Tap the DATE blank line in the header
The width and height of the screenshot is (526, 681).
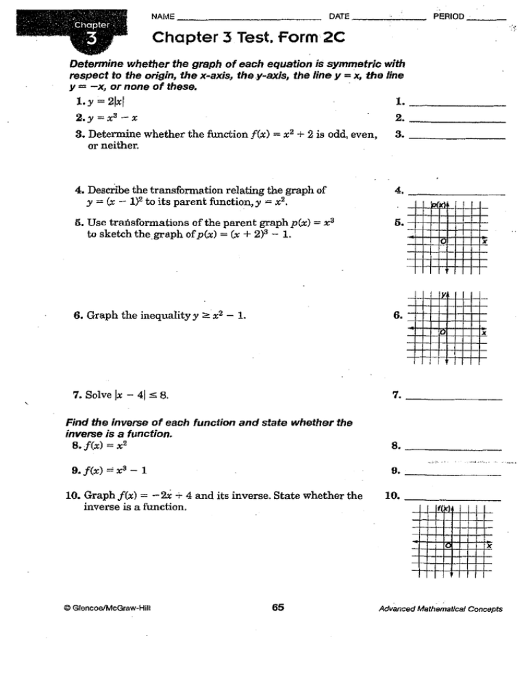(390, 18)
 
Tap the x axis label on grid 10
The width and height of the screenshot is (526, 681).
(488, 547)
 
